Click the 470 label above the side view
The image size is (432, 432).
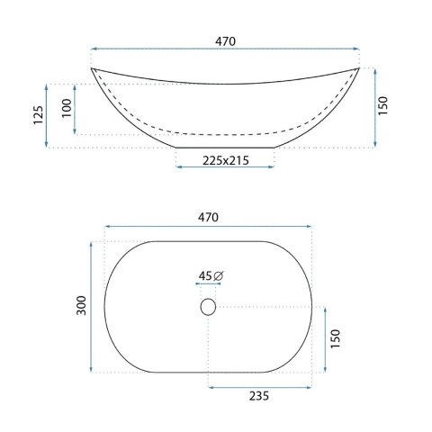point(225,41)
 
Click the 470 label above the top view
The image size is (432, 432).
point(208,217)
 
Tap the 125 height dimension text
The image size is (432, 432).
point(39,115)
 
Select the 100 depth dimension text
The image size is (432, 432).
point(67,108)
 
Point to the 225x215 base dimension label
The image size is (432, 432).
point(226,161)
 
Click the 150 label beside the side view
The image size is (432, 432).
point(382,105)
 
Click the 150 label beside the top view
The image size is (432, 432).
point(336,338)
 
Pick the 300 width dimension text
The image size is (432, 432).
point(81,305)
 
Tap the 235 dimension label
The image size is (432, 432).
point(259,396)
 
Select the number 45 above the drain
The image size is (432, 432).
point(205,275)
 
